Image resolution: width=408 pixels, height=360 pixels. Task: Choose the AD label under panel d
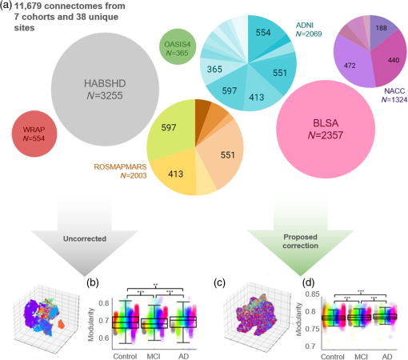[384, 352]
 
